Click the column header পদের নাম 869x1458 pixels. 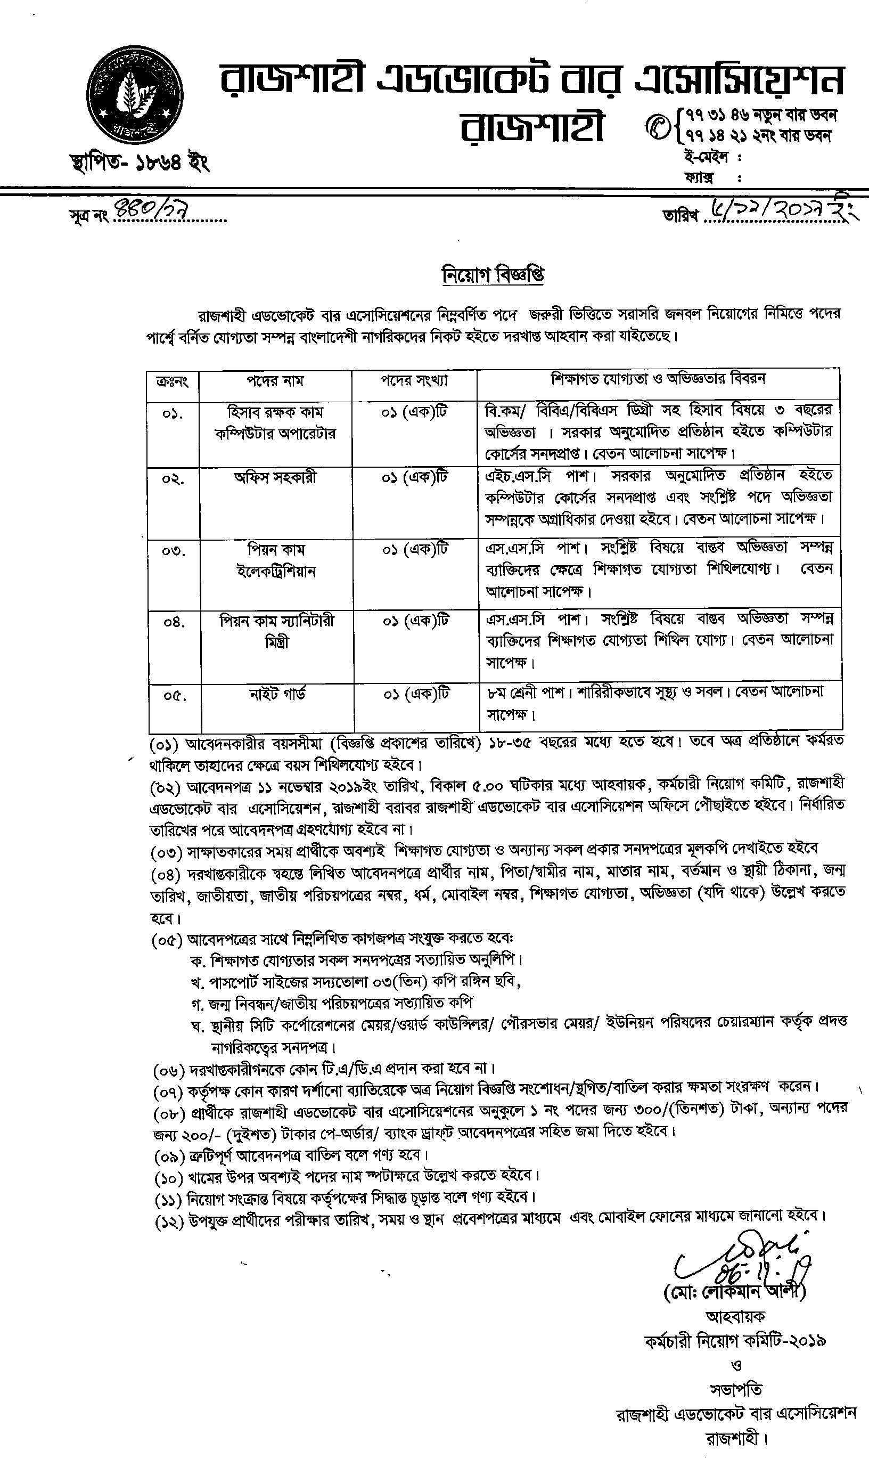(x=275, y=381)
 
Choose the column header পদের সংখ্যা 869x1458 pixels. (x=414, y=381)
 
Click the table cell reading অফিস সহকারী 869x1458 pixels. (x=275, y=478)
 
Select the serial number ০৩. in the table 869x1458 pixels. (x=174, y=551)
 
